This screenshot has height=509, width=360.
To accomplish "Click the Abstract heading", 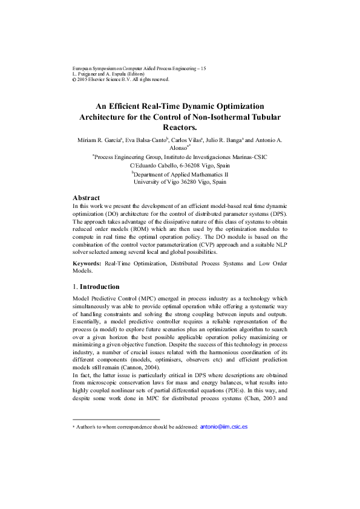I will coord(86,198).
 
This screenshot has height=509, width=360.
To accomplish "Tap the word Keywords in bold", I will coord(87,264).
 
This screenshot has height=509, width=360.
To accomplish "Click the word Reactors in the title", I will coord(179,128).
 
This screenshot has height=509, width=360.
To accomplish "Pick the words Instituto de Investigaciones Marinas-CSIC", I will coord(215,157).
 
